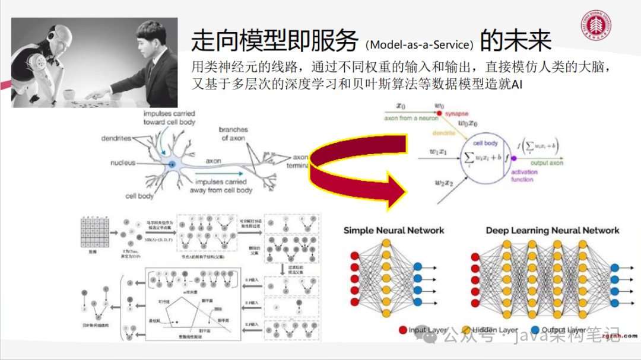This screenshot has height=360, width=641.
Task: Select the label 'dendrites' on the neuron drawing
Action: click(116, 138)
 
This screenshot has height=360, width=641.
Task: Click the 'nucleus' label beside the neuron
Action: click(123, 163)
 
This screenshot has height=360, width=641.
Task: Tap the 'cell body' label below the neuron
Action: click(139, 196)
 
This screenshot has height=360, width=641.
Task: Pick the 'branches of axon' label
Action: click(233, 133)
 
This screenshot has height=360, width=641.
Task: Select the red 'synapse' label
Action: click(456, 113)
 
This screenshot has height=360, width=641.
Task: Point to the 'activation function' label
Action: click(523, 176)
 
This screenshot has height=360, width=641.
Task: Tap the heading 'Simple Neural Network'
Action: click(394, 230)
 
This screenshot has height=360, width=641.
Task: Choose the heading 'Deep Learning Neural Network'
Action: click(552, 230)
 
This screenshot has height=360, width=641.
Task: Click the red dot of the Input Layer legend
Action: click(403, 330)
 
